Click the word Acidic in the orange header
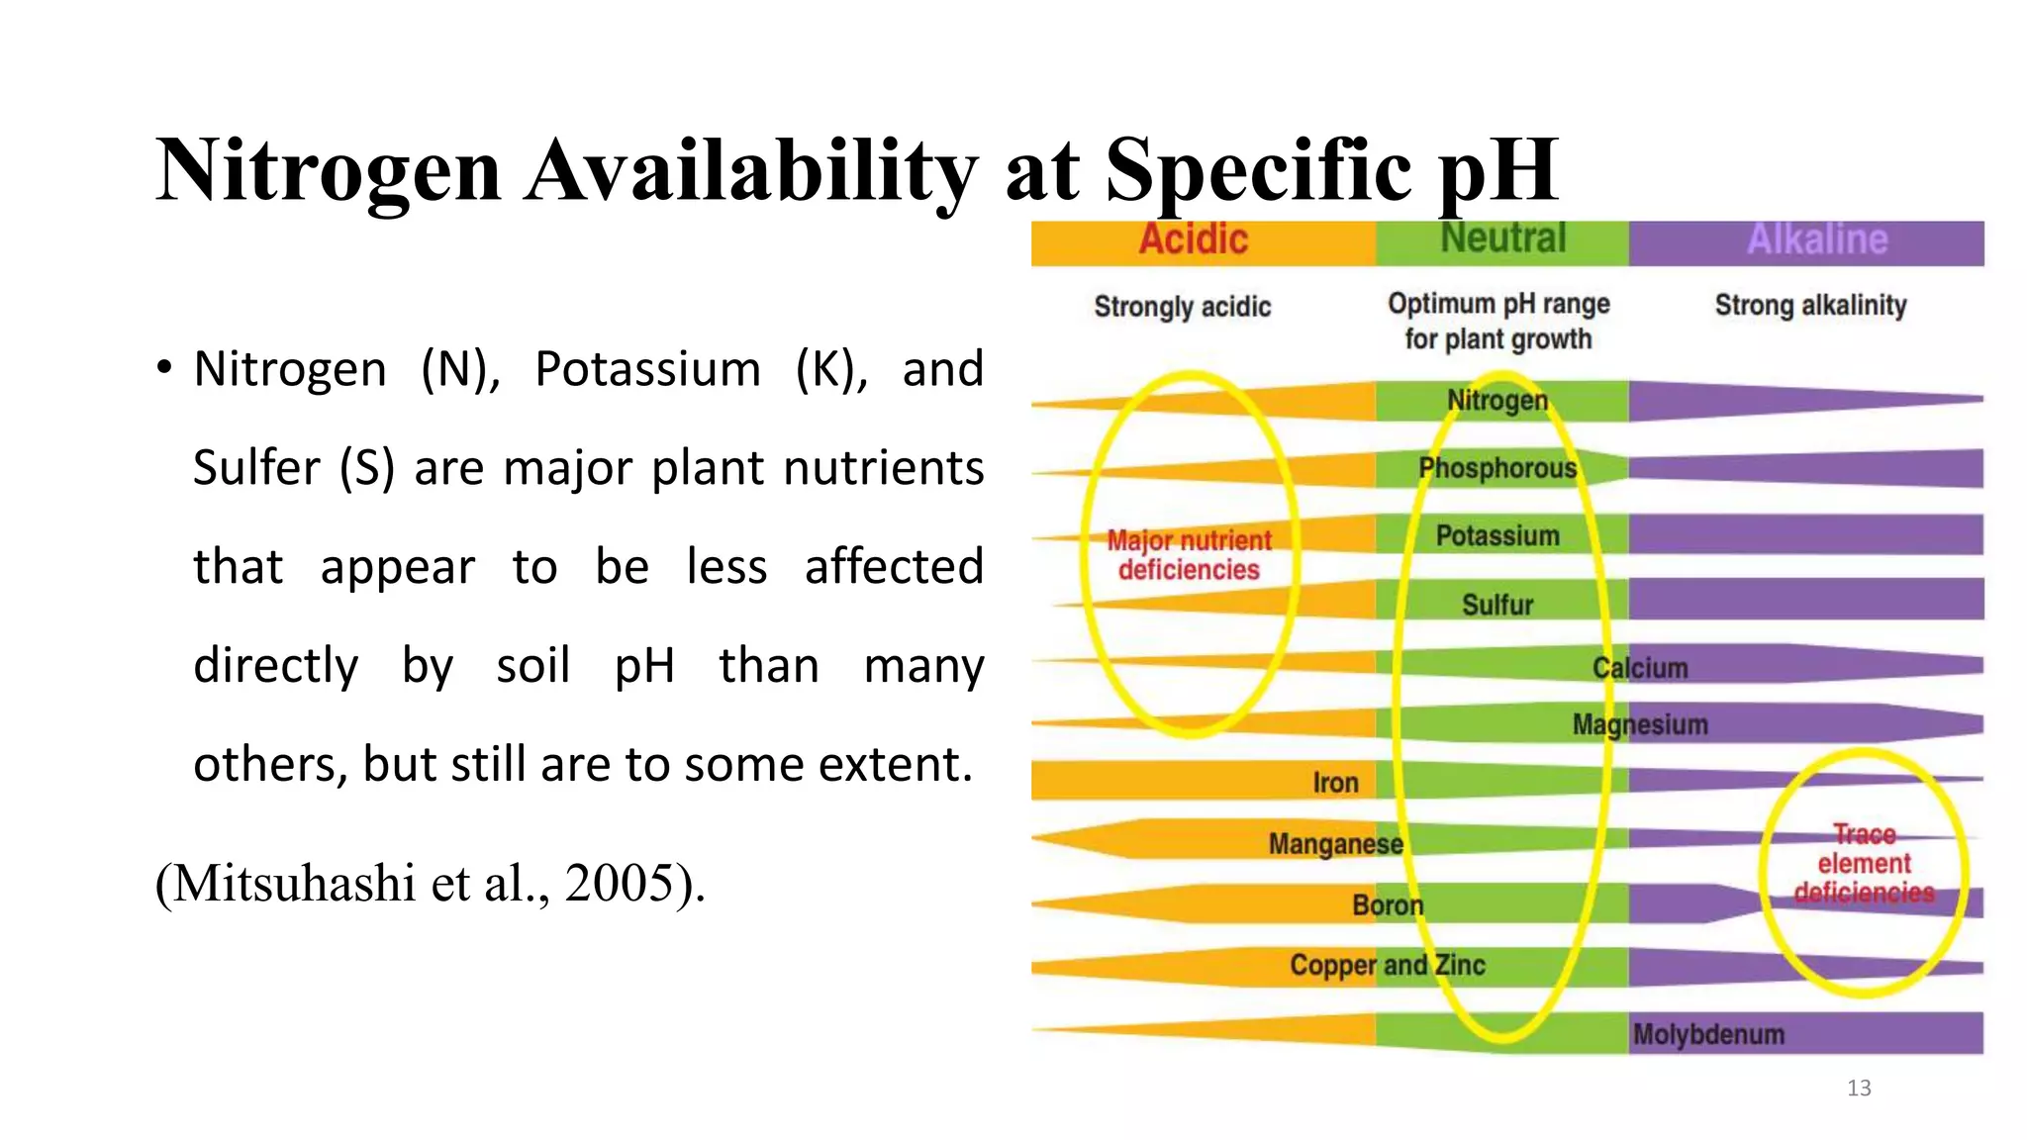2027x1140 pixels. (x=1193, y=240)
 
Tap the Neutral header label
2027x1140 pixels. (x=1502, y=238)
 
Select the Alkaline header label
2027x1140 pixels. (x=1817, y=239)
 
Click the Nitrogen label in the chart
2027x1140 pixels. (x=1497, y=401)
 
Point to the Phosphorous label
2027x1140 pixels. (x=1497, y=468)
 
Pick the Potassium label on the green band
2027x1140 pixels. (x=1497, y=535)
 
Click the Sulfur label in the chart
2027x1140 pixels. (x=1497, y=605)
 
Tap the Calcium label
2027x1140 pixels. (x=1640, y=668)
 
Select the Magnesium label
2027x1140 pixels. (x=1640, y=725)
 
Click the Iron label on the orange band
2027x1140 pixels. (x=1335, y=783)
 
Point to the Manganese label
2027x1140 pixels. (x=1335, y=844)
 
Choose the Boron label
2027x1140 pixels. (x=1388, y=905)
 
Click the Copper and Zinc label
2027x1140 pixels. (x=1387, y=965)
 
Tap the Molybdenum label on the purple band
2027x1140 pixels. (x=1708, y=1034)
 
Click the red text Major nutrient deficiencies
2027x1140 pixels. (x=1189, y=555)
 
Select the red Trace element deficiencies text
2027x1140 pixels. (x=1864, y=864)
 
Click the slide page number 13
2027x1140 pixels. (x=1859, y=1089)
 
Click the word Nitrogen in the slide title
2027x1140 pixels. (x=329, y=170)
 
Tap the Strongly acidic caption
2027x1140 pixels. (x=1182, y=307)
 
